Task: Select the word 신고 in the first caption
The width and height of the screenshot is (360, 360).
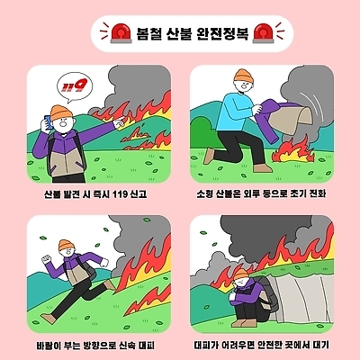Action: (x=137, y=193)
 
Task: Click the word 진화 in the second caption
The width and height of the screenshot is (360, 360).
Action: (x=314, y=193)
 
